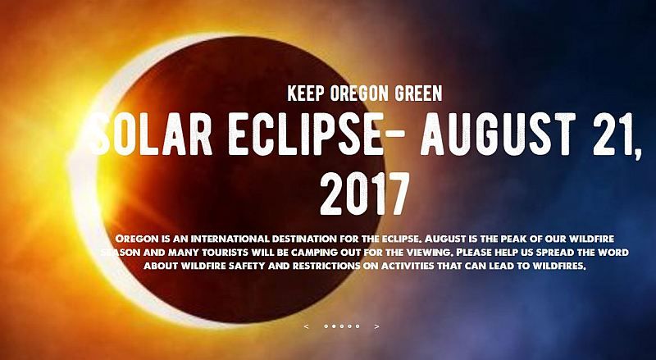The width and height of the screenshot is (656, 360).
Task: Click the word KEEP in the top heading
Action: click(x=306, y=93)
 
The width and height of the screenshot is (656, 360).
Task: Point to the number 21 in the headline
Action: click(x=611, y=134)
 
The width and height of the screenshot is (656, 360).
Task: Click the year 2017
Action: click(x=364, y=194)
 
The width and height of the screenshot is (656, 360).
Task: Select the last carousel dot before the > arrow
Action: click(x=358, y=326)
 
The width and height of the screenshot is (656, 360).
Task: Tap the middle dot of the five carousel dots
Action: click(x=342, y=326)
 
